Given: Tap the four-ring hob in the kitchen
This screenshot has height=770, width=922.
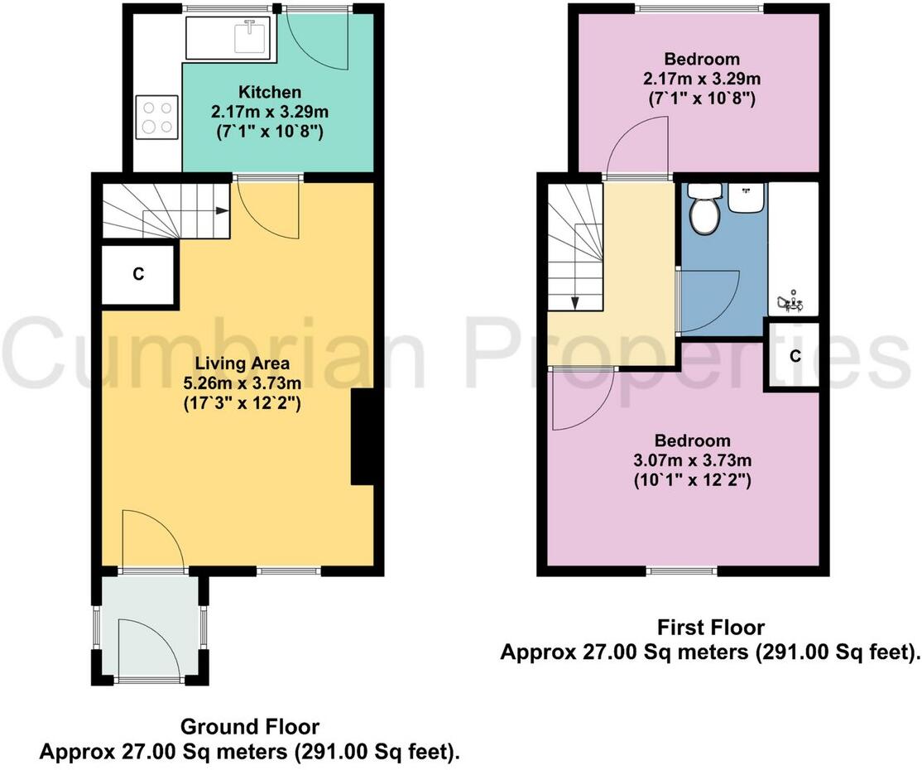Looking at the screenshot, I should (157, 116).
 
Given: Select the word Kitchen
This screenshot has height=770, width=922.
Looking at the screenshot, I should (270, 92).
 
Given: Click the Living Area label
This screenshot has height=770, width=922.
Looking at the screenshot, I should (242, 363).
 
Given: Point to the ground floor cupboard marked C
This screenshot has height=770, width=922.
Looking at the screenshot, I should (138, 276).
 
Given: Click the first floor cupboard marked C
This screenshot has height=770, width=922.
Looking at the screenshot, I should (795, 356).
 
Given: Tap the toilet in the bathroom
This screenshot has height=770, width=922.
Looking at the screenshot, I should (705, 209).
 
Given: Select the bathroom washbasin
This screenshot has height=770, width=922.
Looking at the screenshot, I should (747, 197).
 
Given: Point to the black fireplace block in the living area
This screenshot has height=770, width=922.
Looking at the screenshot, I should (363, 436).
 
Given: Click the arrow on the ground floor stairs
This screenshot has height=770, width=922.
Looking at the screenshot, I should (221, 210).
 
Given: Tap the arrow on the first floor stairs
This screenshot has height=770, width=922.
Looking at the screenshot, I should (575, 302).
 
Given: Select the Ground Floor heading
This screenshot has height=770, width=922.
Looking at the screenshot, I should (249, 727).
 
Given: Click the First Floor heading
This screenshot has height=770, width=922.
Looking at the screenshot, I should (710, 627).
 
